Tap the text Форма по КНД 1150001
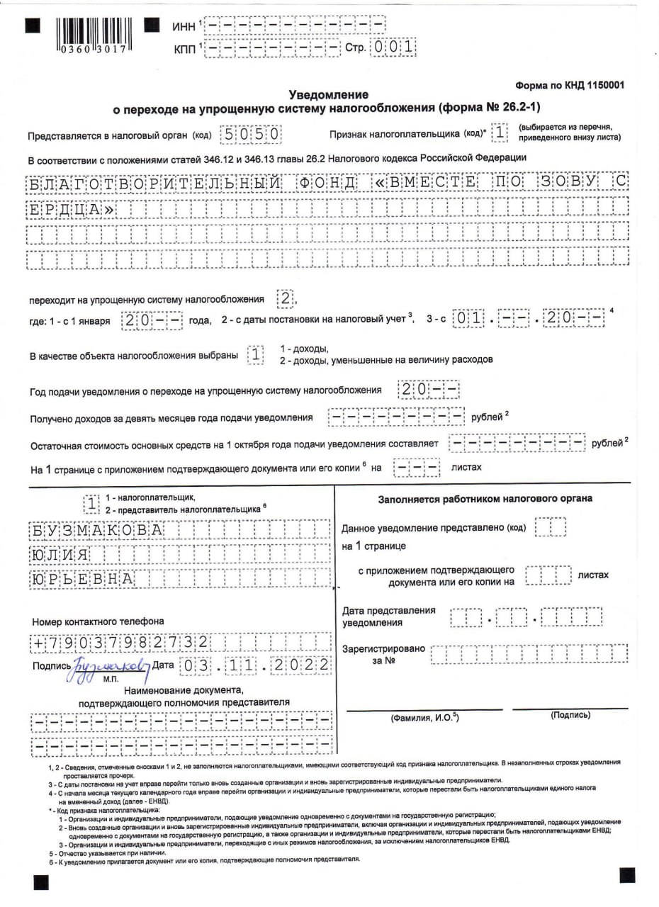pyautogui.click(x=570, y=85)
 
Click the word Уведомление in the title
pyautogui.click(x=329, y=94)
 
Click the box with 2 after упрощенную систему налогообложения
pyautogui.click(x=285, y=299)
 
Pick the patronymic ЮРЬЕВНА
pyautogui.click(x=81, y=578)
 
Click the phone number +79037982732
pyautogui.click(x=120, y=643)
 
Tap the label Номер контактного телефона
pyautogui.click(x=98, y=621)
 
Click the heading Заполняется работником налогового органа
pyautogui.click(x=485, y=498)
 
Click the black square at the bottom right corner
pyautogui.click(x=627, y=874)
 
